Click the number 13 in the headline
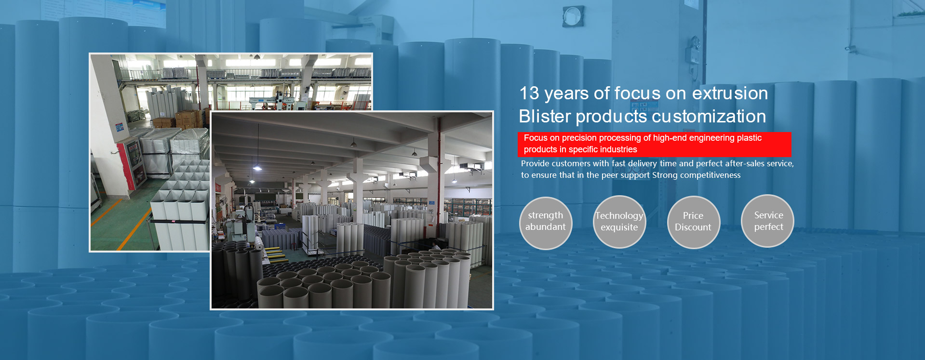pos(529,93)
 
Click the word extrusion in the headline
pos(730,93)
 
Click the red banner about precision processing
pos(654,144)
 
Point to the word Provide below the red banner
pos(536,163)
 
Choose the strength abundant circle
pos(546,223)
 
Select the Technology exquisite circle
pos(619,222)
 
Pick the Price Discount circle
pos(693,222)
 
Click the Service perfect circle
pos(767,221)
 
